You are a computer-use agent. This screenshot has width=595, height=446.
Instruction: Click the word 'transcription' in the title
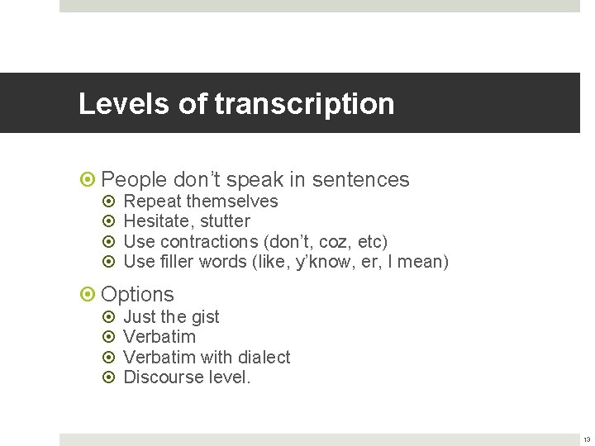pos(304,104)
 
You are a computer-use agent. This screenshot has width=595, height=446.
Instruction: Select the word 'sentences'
pos(362,180)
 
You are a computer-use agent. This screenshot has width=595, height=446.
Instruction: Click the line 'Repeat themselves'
pos(200,202)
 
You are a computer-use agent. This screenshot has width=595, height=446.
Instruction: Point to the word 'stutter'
pos(225,221)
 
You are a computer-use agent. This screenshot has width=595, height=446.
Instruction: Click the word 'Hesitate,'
pos(159,221)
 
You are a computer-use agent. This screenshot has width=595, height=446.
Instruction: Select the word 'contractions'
pos(209,242)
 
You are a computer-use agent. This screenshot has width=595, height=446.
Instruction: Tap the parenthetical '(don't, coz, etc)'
pos(326,242)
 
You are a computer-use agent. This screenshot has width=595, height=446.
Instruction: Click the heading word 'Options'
pos(137,295)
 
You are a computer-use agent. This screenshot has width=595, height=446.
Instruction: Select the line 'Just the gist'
pos(171,317)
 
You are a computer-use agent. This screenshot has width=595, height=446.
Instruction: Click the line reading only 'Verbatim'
pos(159,337)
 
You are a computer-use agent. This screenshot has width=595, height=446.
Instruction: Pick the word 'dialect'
pos(264,358)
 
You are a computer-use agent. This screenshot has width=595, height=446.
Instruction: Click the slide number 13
pos(586,439)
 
